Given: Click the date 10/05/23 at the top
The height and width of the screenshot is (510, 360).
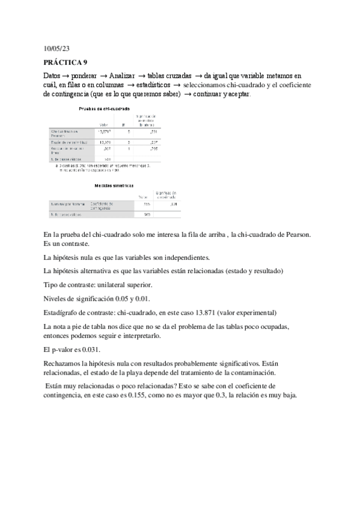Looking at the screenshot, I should (57, 48).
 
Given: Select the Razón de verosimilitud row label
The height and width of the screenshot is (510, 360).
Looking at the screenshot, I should (69, 142).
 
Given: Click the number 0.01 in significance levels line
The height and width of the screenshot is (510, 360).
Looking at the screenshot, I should (143, 298).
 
